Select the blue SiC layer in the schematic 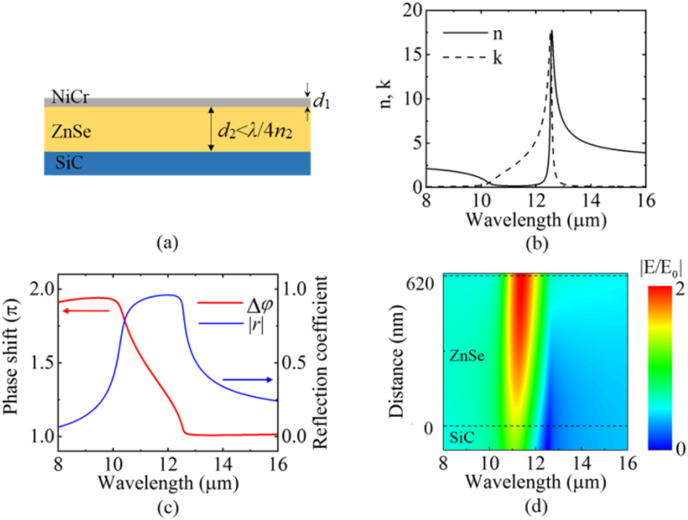click(177, 163)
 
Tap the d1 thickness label click(322, 101)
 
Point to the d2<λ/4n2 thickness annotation click(255, 131)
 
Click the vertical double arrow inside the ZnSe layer click(211, 130)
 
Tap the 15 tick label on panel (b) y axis click(413, 55)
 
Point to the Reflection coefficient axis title click(320, 362)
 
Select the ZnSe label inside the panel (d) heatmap click(466, 356)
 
